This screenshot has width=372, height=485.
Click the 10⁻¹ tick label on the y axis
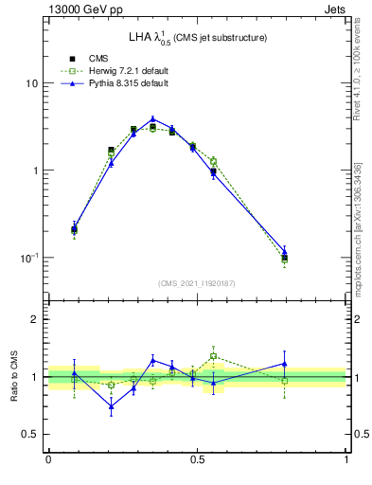point(28,258)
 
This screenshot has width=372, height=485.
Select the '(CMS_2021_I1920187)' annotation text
point(197,282)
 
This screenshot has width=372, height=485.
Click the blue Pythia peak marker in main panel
point(152,119)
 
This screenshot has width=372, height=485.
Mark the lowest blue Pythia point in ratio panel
point(112,407)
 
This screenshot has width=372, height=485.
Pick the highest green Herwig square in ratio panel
point(214,356)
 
